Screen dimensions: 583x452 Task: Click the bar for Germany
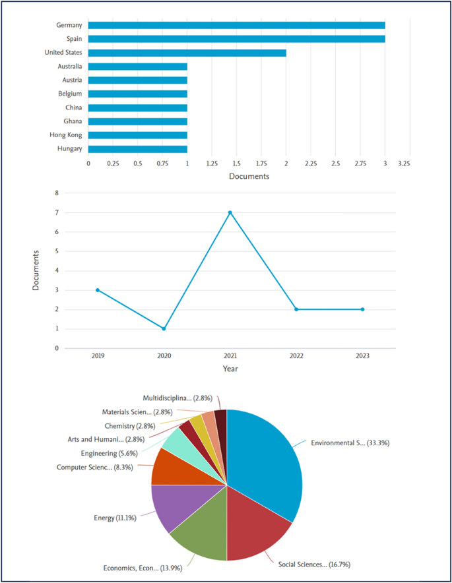point(236,25)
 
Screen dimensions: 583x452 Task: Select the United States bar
point(187,53)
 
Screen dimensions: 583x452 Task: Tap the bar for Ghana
point(137,121)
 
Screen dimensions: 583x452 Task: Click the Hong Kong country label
point(64,135)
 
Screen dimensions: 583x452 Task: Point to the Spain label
point(73,39)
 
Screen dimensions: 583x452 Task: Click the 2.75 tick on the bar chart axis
point(360,162)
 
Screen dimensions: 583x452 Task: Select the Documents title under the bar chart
point(249,176)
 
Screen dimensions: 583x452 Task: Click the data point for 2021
point(230,212)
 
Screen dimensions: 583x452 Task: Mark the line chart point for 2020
point(164,328)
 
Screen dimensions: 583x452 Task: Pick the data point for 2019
point(98,290)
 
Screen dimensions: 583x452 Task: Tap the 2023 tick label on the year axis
point(362,355)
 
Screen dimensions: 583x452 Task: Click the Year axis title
point(230,369)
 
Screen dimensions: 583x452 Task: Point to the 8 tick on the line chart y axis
point(57,193)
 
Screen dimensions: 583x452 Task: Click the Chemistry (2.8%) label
point(129,426)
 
